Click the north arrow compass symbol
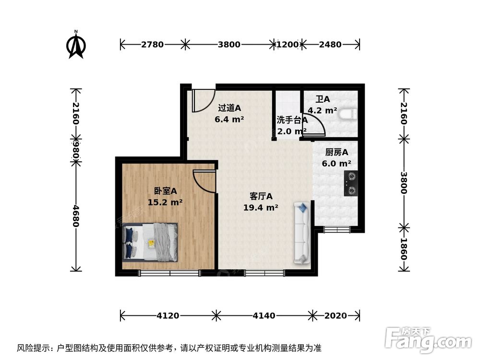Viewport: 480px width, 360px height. tap(76, 45)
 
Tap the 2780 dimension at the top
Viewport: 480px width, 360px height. tap(152, 45)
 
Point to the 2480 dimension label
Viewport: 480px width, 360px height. tap(330, 45)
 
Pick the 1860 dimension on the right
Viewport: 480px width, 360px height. tap(404, 249)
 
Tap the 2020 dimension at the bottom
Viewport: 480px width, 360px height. tap(335, 315)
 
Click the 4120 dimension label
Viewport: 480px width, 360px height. tap(168, 315)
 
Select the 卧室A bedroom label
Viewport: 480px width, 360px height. tap(165, 191)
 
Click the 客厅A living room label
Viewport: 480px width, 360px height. tap(261, 196)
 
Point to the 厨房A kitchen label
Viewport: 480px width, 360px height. tap(336, 153)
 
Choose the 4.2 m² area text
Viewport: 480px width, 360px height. tap(322, 110)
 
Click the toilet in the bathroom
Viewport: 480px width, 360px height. tap(348, 114)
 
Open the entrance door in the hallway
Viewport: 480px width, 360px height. tap(202, 99)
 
